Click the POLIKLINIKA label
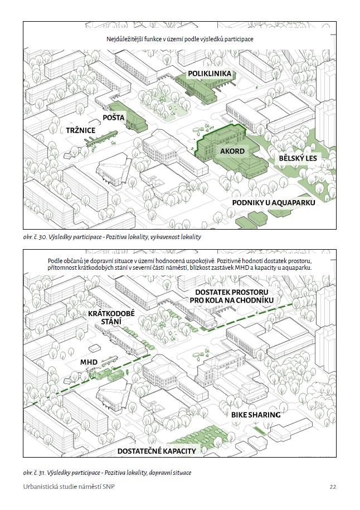[x=210, y=74]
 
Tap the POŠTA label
[x=114, y=118]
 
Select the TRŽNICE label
[x=81, y=130]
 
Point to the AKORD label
[x=232, y=151]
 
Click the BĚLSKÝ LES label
[x=298, y=158]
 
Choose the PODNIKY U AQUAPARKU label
[x=274, y=203]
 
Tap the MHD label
[x=89, y=362]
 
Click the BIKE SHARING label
[x=256, y=415]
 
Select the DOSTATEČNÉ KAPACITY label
[x=157, y=451]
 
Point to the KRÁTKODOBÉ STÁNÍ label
[x=111, y=318]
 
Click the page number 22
[x=333, y=487]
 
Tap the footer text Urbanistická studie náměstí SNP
[x=69, y=487]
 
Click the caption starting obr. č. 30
[x=112, y=237]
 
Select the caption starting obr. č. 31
[x=108, y=473]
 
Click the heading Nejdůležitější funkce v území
[x=180, y=40]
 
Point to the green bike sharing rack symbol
[x=260, y=431]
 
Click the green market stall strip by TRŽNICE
[x=101, y=138]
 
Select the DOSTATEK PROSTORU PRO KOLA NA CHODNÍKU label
[x=231, y=297]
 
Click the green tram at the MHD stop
[x=109, y=375]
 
